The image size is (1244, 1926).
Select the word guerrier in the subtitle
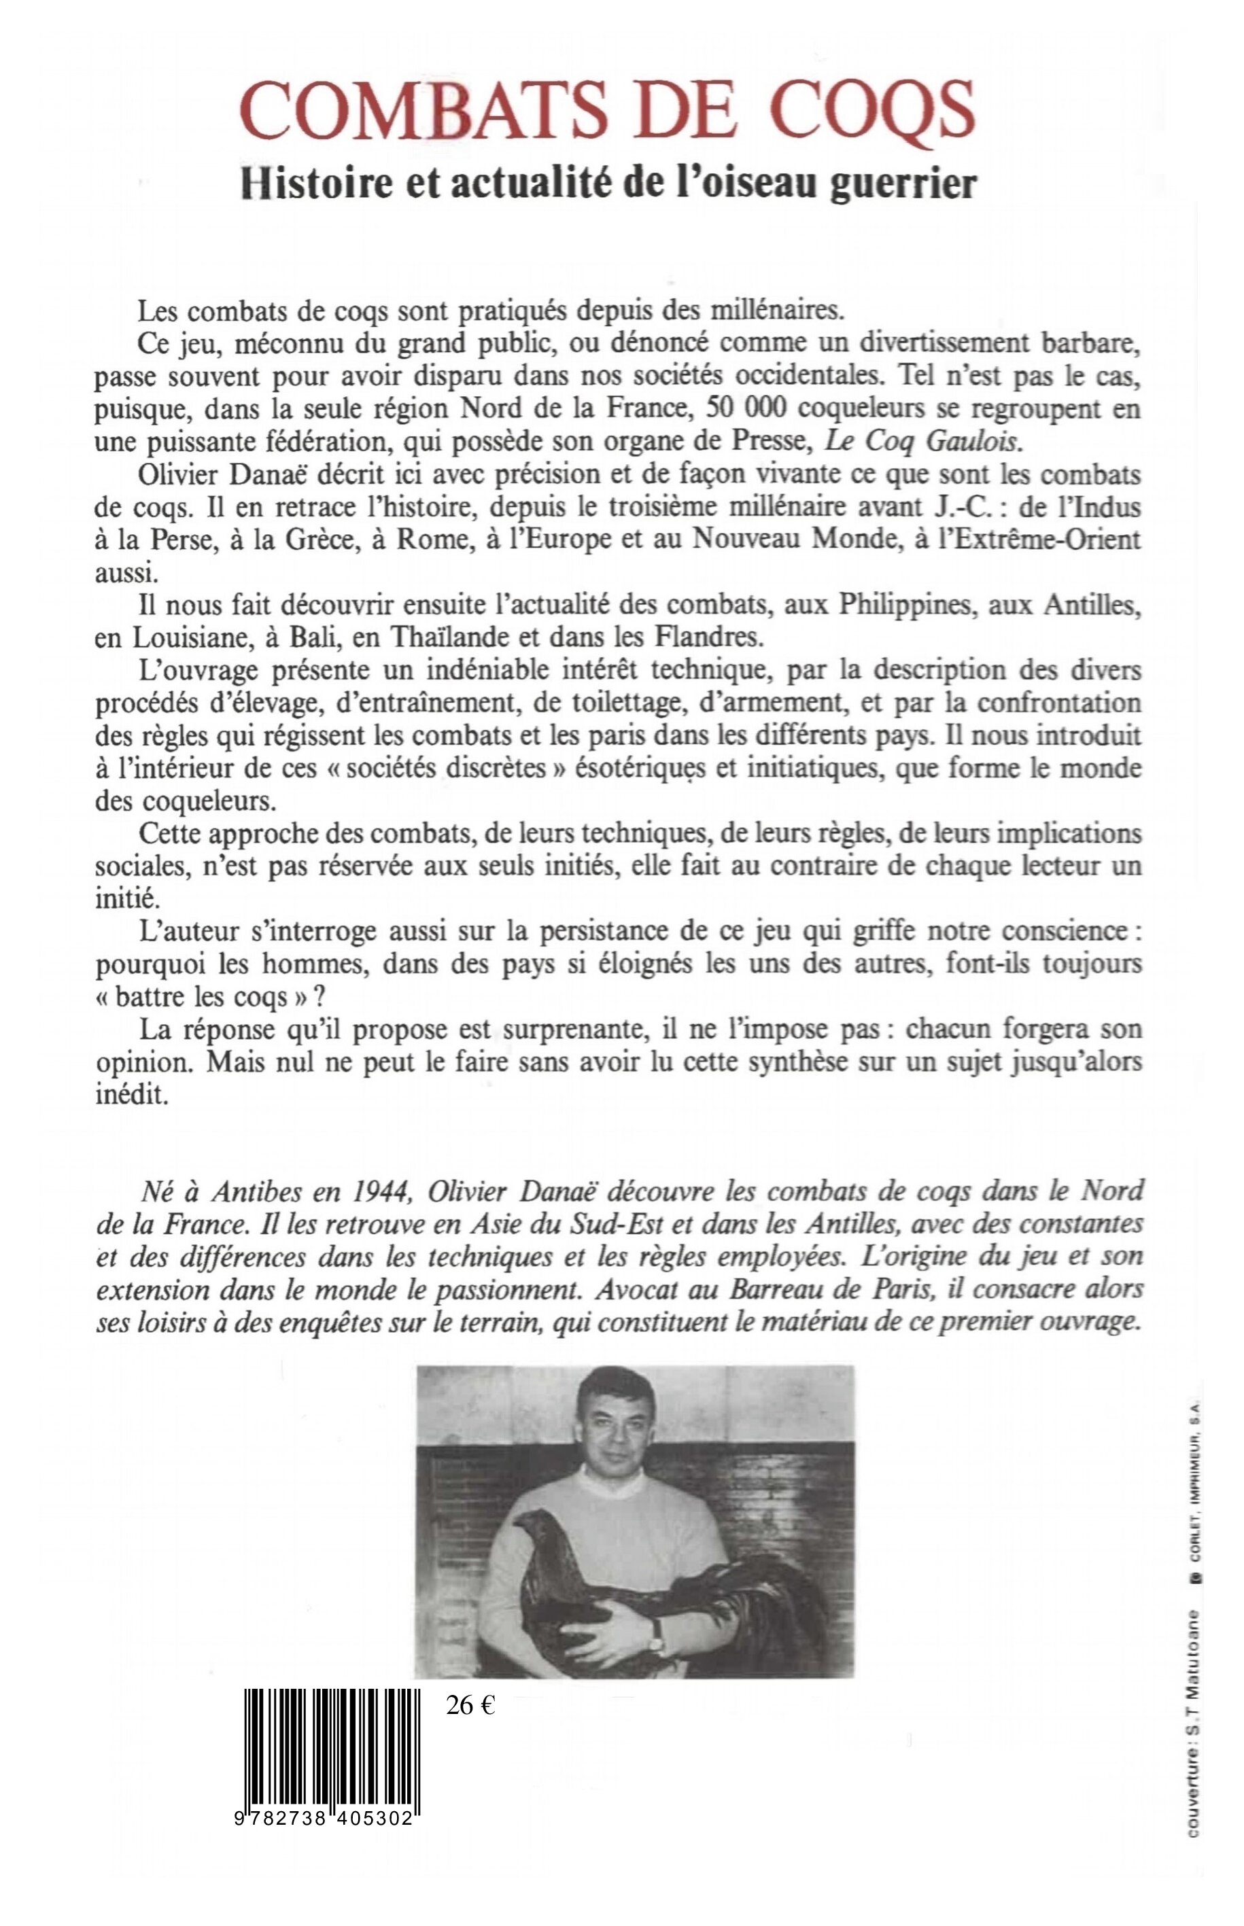(x=909, y=183)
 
